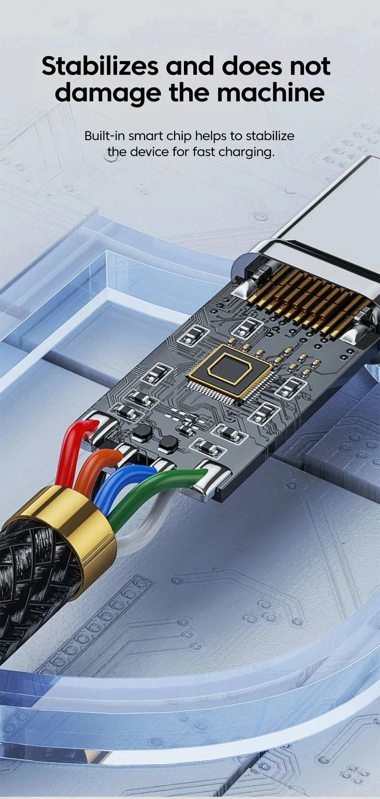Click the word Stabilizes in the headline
pyautogui.click(x=100, y=66)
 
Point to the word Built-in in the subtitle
pyautogui.click(x=104, y=136)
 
